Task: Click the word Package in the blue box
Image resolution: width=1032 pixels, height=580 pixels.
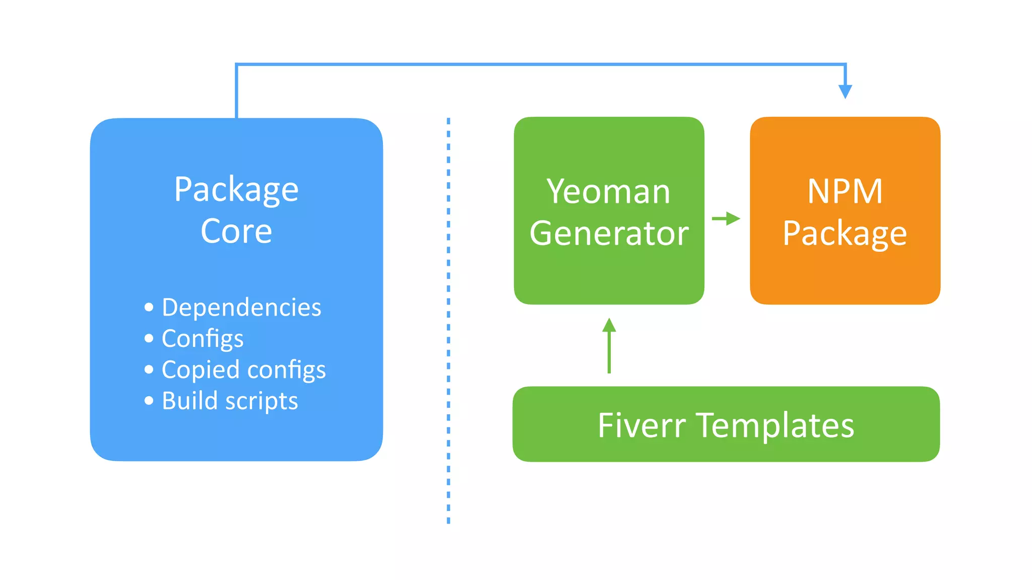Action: coord(236,190)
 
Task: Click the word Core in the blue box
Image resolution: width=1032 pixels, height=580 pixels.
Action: coord(236,232)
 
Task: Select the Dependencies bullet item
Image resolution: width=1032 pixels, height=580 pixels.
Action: coord(241,307)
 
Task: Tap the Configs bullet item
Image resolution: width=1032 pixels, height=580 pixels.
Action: coord(203,338)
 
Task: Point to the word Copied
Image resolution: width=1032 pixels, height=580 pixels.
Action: coord(200,370)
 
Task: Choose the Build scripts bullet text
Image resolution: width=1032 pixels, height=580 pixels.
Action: coord(230,401)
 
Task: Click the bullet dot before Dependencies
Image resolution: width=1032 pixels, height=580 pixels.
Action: coord(149,307)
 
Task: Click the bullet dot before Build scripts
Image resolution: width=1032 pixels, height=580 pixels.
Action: coord(149,401)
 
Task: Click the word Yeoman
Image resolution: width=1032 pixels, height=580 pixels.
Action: coord(608,192)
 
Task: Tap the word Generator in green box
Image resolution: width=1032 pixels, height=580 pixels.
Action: coord(609,233)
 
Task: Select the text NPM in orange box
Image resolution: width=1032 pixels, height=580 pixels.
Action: coord(845,192)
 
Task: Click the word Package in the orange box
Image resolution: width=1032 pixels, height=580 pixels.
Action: coord(845,233)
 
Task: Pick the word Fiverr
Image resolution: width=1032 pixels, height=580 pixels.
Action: coord(641,425)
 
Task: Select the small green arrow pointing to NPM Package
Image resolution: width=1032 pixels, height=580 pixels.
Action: coord(726,219)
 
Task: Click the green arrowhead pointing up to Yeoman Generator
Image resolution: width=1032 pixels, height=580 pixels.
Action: coord(609,325)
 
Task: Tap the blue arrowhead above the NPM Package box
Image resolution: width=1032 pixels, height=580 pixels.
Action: coord(845,91)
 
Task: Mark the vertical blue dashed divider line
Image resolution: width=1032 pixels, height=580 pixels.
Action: coord(448,322)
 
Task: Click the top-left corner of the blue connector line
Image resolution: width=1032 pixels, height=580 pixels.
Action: coord(236,64)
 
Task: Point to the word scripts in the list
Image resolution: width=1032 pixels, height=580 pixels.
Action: coord(261,401)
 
